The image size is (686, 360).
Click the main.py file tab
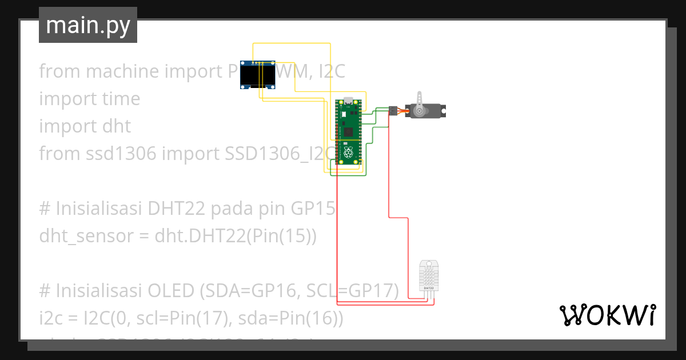[x=88, y=26]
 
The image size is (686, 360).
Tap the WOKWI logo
[x=607, y=315]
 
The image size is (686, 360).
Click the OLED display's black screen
[x=256, y=75]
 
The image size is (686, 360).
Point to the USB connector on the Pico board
[x=348, y=103]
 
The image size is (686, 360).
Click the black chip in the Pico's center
[x=348, y=133]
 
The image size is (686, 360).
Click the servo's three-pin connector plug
[x=393, y=110]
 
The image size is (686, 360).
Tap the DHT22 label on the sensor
[x=429, y=288]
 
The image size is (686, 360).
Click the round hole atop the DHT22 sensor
[x=429, y=265]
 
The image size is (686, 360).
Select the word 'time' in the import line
[x=118, y=99]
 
